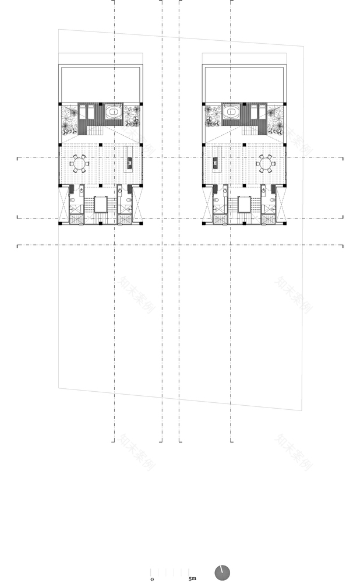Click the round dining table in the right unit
[267, 163]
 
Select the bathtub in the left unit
[112, 112]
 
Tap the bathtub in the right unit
[231, 112]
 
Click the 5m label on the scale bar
[192, 578]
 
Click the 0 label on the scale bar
[152, 578]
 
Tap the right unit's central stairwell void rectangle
[243, 206]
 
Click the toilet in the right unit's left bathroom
[217, 200]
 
